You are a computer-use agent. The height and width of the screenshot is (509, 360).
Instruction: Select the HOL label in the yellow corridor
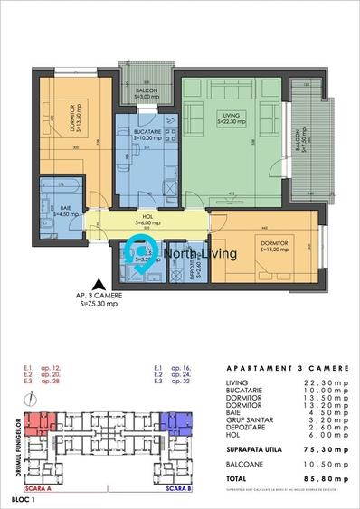tap(147, 218)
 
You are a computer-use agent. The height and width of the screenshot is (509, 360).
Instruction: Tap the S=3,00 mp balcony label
tap(146, 92)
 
